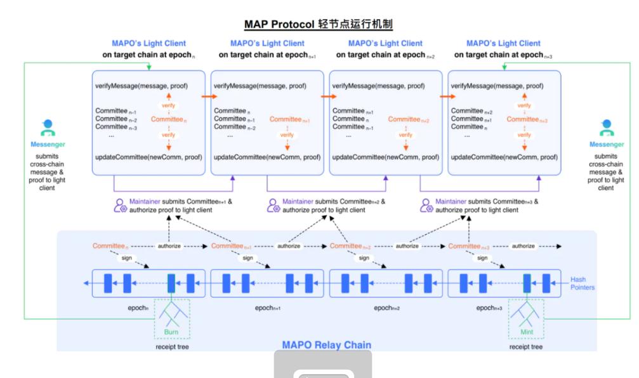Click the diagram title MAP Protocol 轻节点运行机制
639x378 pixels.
tap(319, 25)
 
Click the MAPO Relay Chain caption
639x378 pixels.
tap(327, 345)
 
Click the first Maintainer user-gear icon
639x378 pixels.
tap(119, 205)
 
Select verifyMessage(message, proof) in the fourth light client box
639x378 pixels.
tap(497, 84)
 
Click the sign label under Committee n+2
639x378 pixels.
tap(364, 258)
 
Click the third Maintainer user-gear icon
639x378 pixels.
tap(426, 205)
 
